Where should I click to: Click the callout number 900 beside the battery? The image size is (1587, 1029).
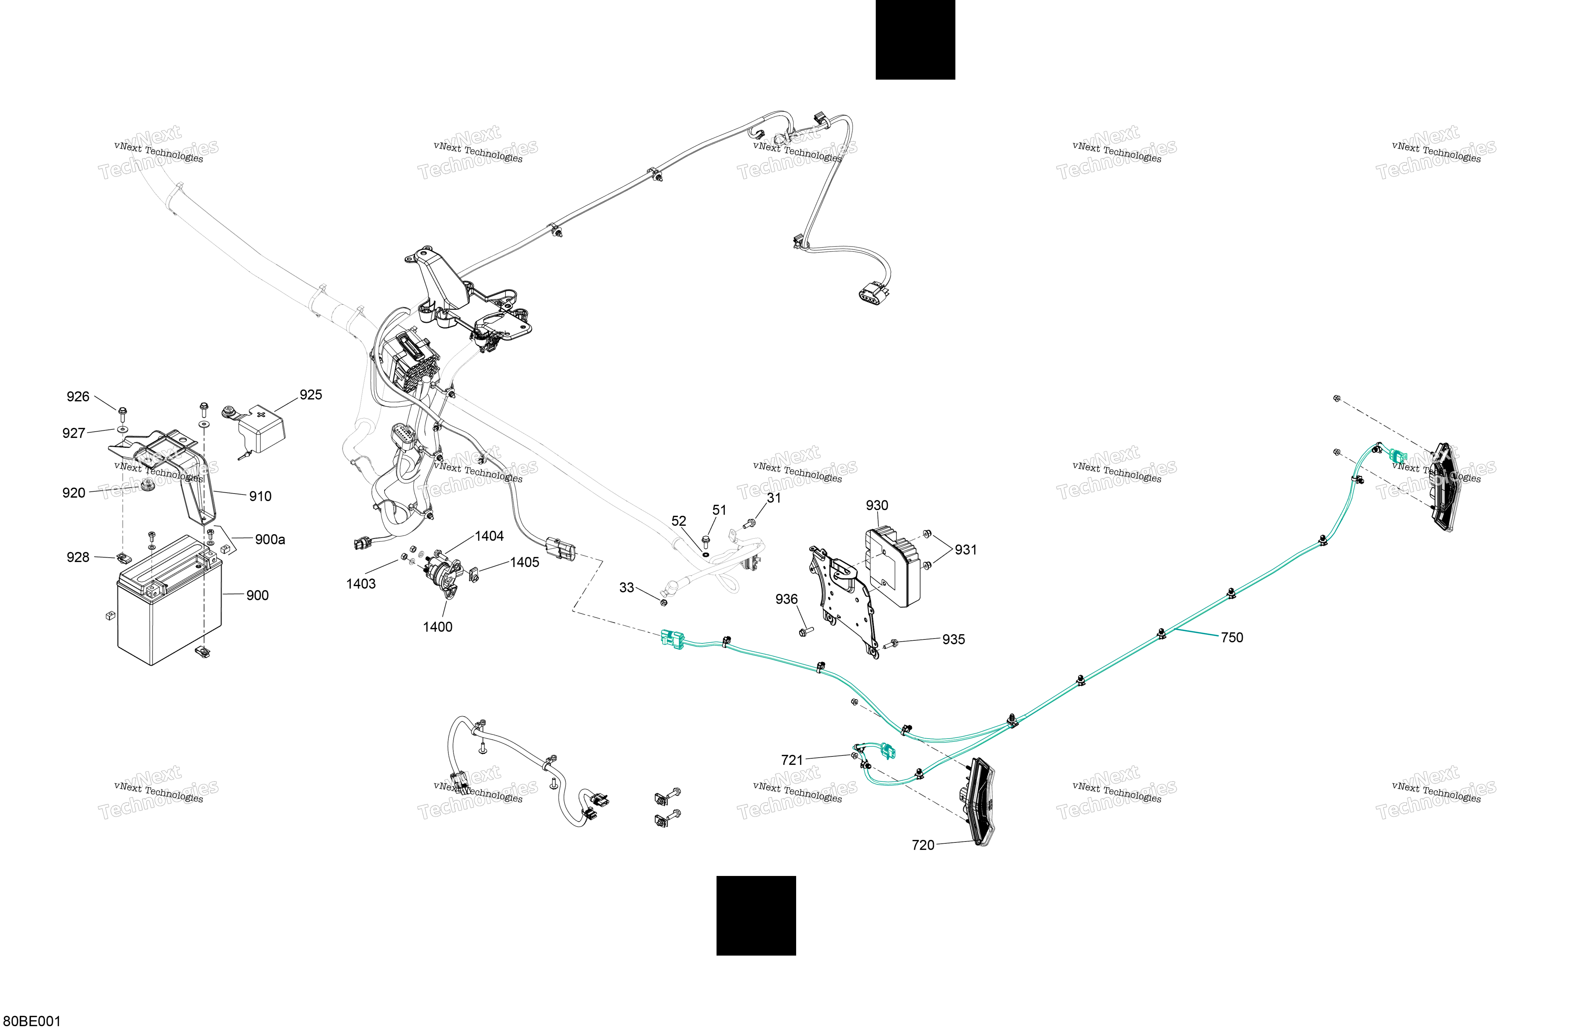click(x=258, y=595)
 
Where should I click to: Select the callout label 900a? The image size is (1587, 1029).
click(x=270, y=539)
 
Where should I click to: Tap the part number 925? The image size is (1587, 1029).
click(x=311, y=395)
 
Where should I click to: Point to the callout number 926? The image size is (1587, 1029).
click(x=78, y=397)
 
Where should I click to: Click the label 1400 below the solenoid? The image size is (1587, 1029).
click(x=438, y=627)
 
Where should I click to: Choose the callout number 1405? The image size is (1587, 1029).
click(x=525, y=562)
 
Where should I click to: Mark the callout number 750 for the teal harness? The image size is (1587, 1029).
click(x=1232, y=638)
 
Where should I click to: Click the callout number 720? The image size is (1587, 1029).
click(x=923, y=845)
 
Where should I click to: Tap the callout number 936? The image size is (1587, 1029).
click(x=787, y=599)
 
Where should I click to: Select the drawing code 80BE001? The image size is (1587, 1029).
click(x=32, y=1021)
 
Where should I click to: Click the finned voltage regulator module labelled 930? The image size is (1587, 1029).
click(x=893, y=567)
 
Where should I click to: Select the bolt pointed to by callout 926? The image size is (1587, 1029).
click(x=123, y=414)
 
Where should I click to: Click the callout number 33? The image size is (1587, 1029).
click(x=627, y=588)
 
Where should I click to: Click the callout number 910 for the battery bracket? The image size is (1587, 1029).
click(x=260, y=496)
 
